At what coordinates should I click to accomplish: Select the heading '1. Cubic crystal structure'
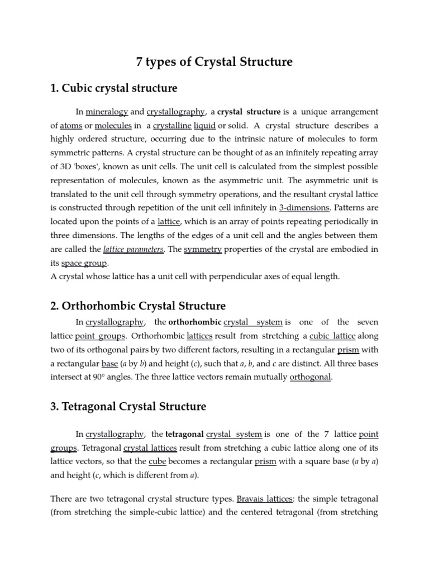(114, 88)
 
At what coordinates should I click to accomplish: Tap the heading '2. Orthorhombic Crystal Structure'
(138, 306)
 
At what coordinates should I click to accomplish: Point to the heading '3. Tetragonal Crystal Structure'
(128, 407)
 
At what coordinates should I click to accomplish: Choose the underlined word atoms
(71, 126)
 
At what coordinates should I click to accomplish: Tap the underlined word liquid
(204, 126)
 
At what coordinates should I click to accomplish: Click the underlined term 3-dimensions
(304, 208)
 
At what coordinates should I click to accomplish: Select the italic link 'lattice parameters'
(134, 249)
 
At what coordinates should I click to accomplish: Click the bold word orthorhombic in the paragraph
(194, 322)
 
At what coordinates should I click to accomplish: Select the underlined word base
(109, 364)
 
